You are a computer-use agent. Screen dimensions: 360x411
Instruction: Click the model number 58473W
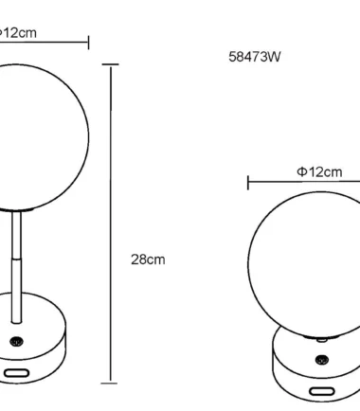coord(255,57)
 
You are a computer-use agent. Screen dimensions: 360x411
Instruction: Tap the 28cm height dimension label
coord(148,259)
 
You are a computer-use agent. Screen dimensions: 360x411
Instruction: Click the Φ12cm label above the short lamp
coord(319,172)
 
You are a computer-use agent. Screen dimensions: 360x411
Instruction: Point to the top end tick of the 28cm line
coord(111,64)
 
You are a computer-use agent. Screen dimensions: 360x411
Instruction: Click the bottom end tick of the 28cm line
coord(110,384)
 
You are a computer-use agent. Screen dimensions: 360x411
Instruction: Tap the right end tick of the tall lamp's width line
coord(89,43)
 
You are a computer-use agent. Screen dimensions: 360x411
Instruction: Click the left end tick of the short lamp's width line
coord(248,183)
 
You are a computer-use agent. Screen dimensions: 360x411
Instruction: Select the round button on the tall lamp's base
coord(16,341)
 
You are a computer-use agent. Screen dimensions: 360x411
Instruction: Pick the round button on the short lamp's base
coord(321,360)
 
